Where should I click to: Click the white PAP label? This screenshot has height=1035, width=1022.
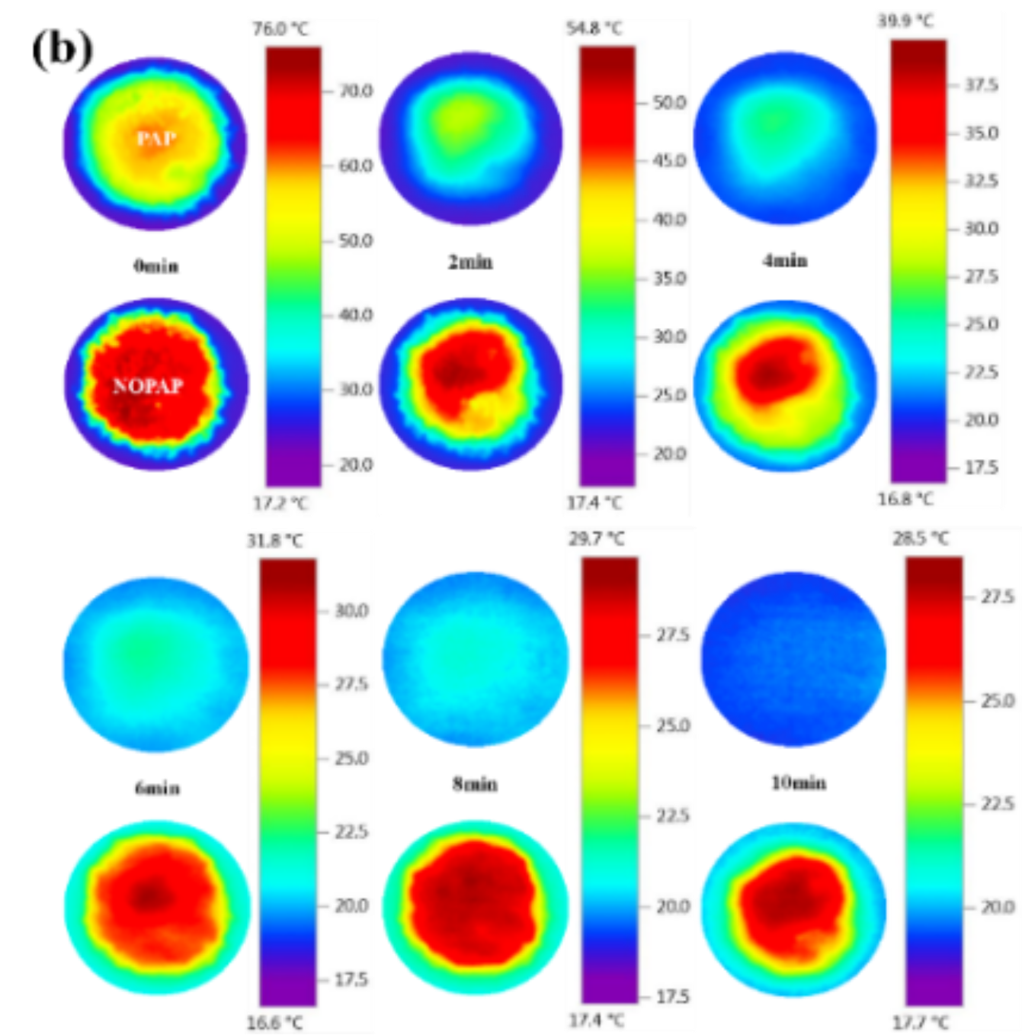coord(157,139)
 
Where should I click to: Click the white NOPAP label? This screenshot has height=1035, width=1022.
coord(148,386)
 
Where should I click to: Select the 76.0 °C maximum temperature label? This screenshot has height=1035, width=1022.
coord(281,29)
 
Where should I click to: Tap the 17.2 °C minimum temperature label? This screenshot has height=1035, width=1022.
coord(281,503)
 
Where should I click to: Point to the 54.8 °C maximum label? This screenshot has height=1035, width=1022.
coord(594,29)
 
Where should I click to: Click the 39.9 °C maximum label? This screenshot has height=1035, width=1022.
coord(905,21)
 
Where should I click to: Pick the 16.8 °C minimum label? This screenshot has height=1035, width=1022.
coord(905,499)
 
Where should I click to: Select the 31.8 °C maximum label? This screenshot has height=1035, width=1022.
coord(274,541)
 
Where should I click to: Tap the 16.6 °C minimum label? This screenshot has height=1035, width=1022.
coord(274,1023)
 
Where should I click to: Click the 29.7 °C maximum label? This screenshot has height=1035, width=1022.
coord(596,539)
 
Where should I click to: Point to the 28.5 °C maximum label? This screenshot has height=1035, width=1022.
coord(921,538)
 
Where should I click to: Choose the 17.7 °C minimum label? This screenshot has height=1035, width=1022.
coord(921,1023)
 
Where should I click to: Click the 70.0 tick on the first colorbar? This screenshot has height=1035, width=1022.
coord(356,92)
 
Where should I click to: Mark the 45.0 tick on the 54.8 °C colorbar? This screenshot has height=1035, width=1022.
coord(669,161)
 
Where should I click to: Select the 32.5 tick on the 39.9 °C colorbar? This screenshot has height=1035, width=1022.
coord(982,181)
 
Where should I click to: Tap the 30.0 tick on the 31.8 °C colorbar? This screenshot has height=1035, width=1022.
coord(351,611)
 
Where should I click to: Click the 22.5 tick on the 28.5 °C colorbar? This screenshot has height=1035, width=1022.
coord(998,804)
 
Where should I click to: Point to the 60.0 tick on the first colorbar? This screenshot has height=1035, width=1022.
coord(356,166)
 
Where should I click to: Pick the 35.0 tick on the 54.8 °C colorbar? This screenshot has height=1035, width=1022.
coord(669,278)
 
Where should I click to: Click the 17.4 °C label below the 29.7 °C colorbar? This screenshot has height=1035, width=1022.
coord(596,1021)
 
